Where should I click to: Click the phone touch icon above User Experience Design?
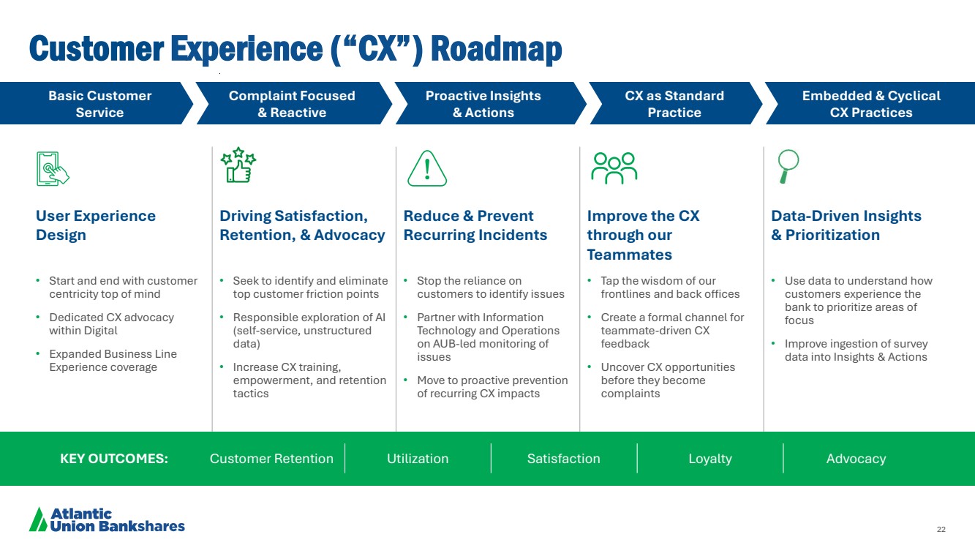[x=52, y=168]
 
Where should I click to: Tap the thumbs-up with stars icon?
[x=238, y=166]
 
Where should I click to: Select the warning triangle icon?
[x=426, y=169]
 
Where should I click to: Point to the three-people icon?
[x=614, y=168]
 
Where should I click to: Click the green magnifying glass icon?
[x=788, y=167]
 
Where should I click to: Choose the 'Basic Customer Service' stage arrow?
[x=99, y=104]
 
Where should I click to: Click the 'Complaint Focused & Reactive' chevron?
[x=292, y=104]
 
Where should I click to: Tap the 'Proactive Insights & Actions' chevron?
[x=483, y=104]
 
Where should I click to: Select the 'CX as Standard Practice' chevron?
[x=674, y=104]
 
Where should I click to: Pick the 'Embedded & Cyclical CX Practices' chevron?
[x=870, y=104]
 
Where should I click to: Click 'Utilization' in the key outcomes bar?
[x=418, y=459]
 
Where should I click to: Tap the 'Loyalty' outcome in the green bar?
[x=710, y=459]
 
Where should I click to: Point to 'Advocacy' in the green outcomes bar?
[x=856, y=459]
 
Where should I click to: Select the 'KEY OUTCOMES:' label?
[x=114, y=459]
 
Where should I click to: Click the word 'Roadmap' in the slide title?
[x=497, y=49]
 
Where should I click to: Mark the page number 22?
[x=941, y=530]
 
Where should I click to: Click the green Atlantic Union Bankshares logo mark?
[x=38, y=519]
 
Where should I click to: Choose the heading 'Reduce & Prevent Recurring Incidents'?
[x=475, y=225]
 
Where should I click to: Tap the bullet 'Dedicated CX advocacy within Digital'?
[x=111, y=323]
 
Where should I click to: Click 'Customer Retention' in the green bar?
[x=271, y=459]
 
